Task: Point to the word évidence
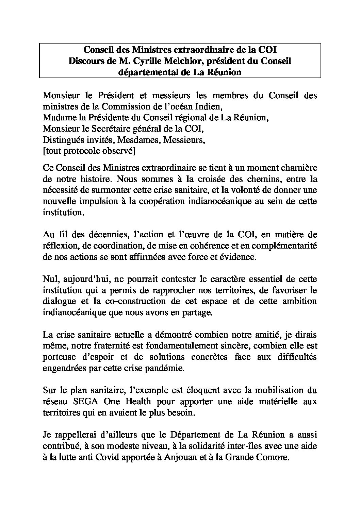click(238, 257)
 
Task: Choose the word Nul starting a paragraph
click(50, 279)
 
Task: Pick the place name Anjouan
click(181, 458)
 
